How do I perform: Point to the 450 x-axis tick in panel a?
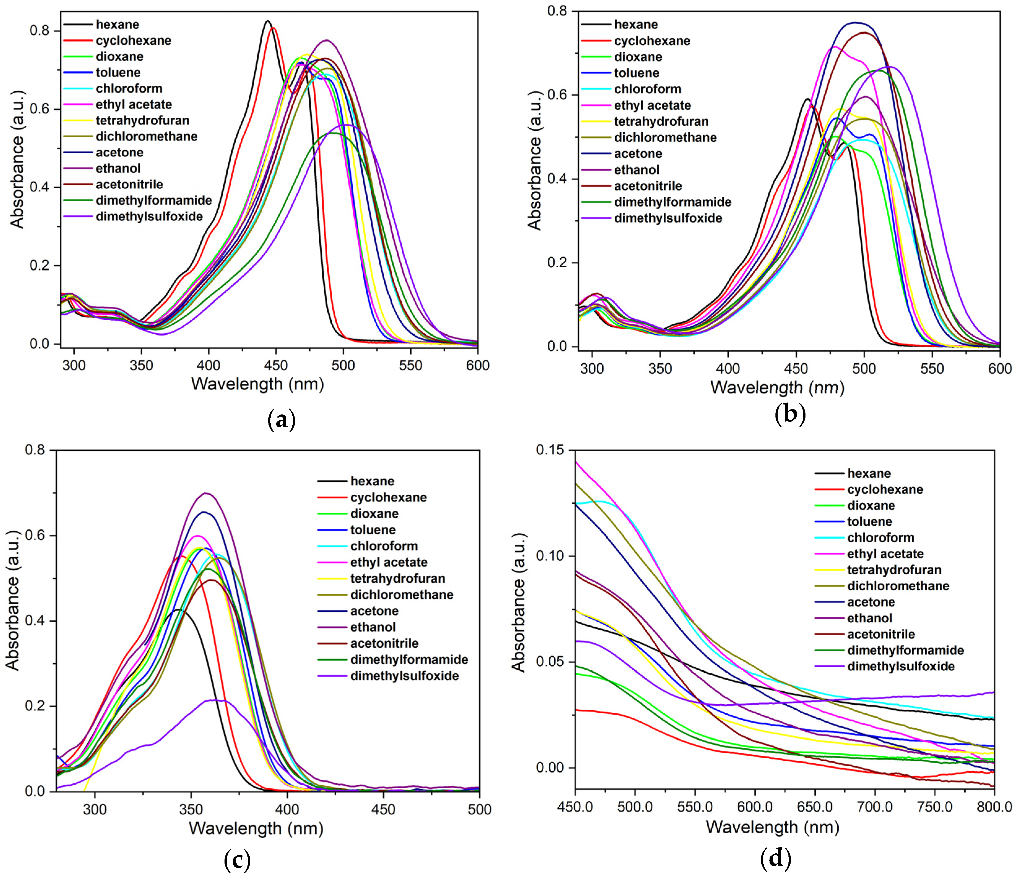click(276, 366)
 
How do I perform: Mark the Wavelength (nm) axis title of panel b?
click(777, 388)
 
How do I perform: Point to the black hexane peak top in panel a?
click(268, 21)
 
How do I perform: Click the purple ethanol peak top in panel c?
click(206, 493)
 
